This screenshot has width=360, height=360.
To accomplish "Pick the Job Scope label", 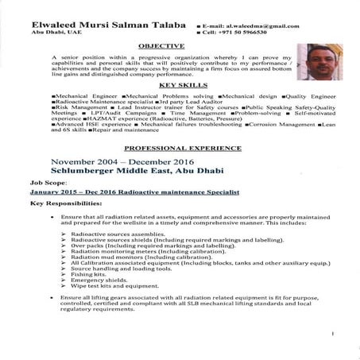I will [45, 181].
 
